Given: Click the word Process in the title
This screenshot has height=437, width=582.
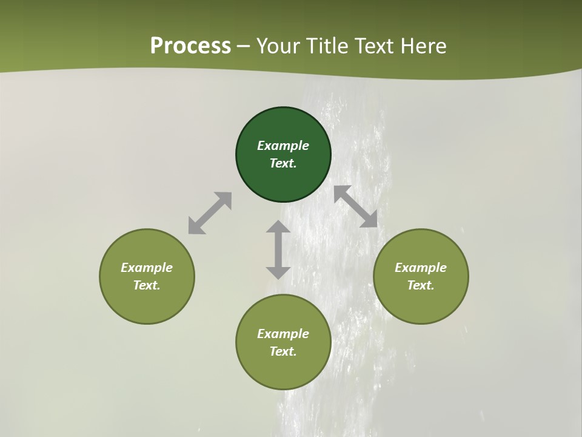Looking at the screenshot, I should point(190,46).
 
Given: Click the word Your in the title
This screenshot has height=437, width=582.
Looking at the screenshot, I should point(278,46).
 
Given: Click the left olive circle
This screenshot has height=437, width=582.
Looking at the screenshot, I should point(147,303).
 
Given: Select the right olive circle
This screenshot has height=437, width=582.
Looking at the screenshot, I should point(421,303).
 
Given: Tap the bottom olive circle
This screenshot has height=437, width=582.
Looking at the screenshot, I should point(283,370).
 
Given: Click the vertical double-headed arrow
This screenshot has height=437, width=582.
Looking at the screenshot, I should point(278,249).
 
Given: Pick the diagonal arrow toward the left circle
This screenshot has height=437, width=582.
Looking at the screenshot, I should point(210,213).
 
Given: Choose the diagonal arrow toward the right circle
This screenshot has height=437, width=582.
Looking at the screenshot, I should point(356,206).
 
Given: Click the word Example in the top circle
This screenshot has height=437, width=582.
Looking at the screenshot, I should point(283,146).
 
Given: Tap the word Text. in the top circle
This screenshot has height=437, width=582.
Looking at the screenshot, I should point(283,163).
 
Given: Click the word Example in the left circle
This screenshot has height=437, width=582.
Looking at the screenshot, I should point(147,268).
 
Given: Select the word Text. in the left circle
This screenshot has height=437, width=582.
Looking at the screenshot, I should point(147,285).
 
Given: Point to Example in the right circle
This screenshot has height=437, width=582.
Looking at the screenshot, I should point(421,268).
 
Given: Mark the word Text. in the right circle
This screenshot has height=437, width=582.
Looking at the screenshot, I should point(421,285).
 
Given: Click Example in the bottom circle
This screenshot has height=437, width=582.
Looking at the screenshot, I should point(283,334).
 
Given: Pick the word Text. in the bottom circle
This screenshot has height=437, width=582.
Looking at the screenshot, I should point(283,351).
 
